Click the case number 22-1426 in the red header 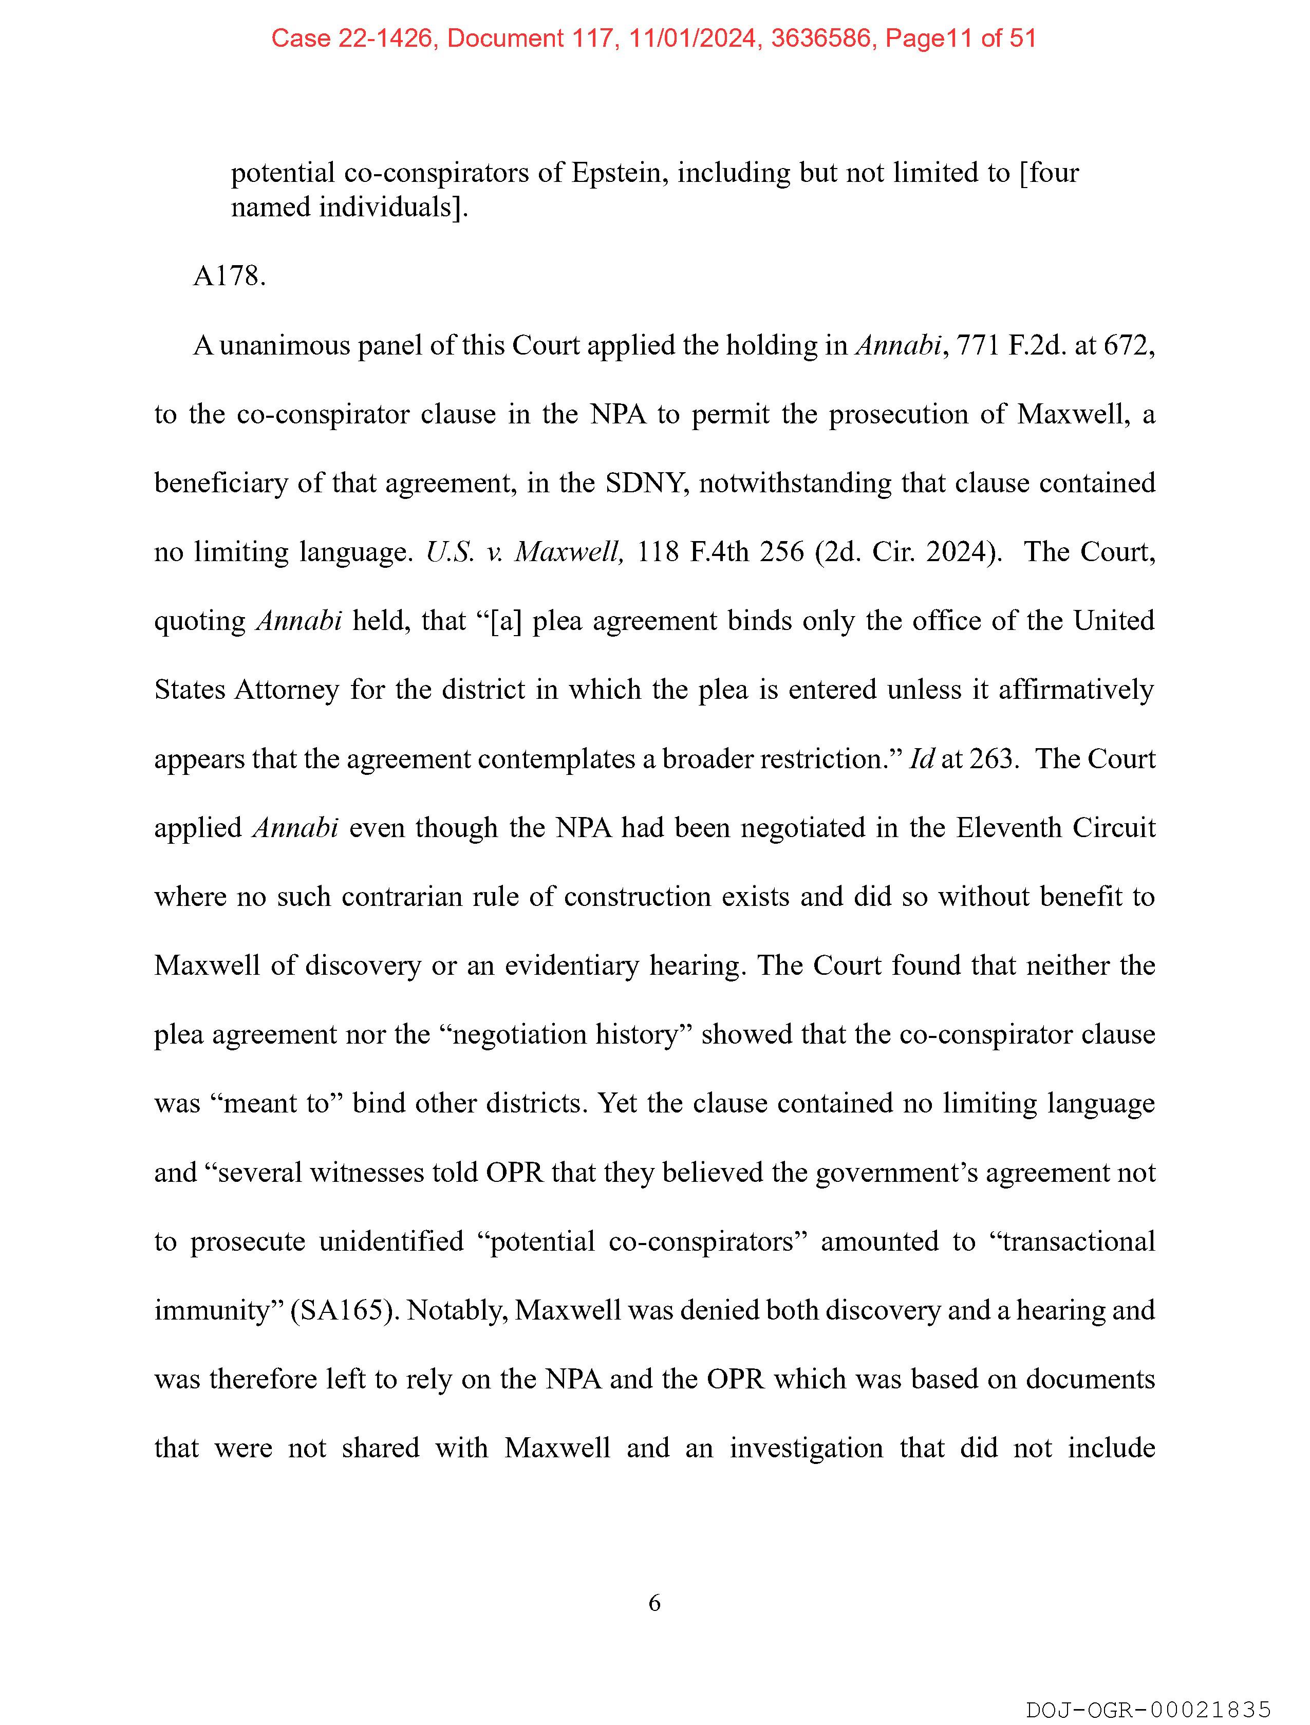click(x=385, y=38)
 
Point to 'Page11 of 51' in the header click(x=961, y=38)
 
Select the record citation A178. click(x=229, y=276)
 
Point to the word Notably click(x=458, y=1310)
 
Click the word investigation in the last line click(x=806, y=1448)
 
